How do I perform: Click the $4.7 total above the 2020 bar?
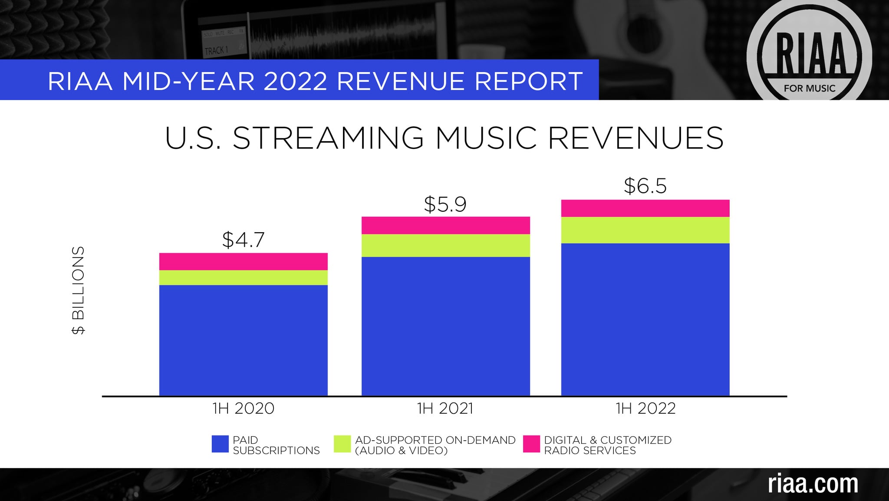point(243,240)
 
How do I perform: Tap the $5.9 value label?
point(445,204)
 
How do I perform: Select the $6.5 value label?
point(645,186)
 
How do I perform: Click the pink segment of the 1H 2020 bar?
point(243,262)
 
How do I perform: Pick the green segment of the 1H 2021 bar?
point(445,246)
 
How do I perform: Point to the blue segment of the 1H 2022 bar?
point(645,319)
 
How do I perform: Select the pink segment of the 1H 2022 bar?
point(645,208)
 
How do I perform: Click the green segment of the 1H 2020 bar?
point(243,278)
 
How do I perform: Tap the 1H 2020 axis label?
point(243,409)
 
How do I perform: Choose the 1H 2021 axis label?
point(445,409)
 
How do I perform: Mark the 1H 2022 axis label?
point(645,409)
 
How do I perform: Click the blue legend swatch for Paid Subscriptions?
point(220,444)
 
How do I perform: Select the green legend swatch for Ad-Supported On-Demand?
point(342,444)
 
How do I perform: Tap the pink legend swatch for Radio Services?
point(531,444)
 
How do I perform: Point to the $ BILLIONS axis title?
point(79,290)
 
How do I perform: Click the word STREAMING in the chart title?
point(328,138)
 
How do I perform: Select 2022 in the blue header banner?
point(295,81)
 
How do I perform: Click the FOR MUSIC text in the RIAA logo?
point(809,89)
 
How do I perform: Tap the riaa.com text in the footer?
point(813,484)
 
